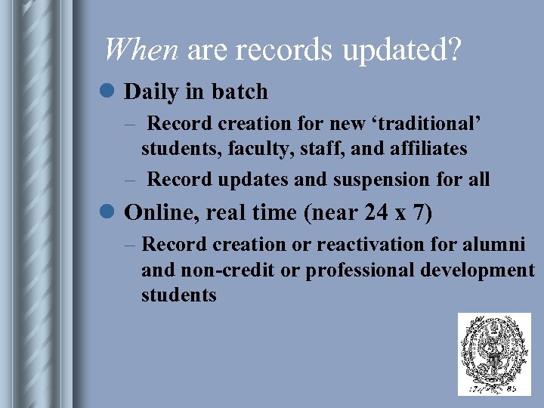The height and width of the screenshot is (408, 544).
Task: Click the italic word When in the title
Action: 140,50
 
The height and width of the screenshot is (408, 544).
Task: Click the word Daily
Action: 152,92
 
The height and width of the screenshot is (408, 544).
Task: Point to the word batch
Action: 240,91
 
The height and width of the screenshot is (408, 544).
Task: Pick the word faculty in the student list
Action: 247,149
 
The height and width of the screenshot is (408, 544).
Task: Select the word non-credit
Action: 218,270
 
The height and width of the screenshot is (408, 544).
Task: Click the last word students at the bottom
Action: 178,295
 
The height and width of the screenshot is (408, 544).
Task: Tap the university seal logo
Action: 494,354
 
